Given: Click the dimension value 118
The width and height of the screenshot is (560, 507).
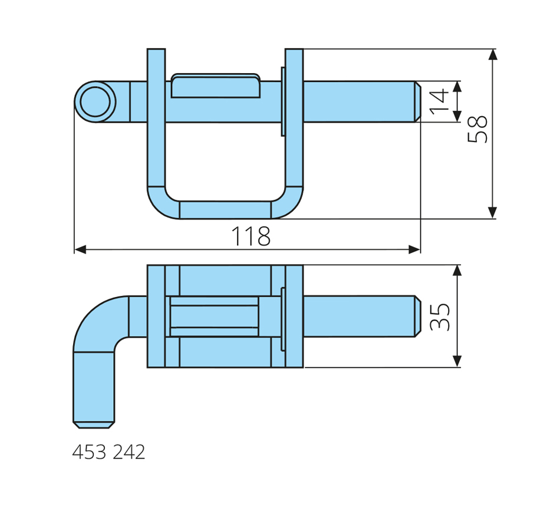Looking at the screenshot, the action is pyautogui.click(x=251, y=236).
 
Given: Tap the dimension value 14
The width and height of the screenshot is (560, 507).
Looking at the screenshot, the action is pyautogui.click(x=439, y=101).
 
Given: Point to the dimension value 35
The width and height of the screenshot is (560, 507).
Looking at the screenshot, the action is pyautogui.click(x=440, y=317).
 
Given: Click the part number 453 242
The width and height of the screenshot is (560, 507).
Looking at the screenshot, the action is pyautogui.click(x=108, y=452).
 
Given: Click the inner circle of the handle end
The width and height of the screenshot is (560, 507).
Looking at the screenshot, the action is pyautogui.click(x=95, y=101).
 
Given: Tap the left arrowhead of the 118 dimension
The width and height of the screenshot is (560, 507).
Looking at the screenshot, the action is pyautogui.click(x=80, y=249).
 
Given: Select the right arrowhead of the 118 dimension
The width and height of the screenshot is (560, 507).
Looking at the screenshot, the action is pyautogui.click(x=414, y=249).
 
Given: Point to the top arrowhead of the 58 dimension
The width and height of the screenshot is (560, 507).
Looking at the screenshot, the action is pyautogui.click(x=492, y=55).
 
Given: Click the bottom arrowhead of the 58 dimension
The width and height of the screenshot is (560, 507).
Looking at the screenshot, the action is pyautogui.click(x=492, y=213).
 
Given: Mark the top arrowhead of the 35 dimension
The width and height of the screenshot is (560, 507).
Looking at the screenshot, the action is pyautogui.click(x=457, y=271).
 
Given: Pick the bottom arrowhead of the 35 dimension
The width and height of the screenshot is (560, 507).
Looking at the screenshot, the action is pyautogui.click(x=457, y=361).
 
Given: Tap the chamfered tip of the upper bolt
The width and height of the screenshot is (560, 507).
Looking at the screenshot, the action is pyautogui.click(x=417, y=101).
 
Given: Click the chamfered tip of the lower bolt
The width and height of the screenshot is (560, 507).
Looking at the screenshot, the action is pyautogui.click(x=417, y=316).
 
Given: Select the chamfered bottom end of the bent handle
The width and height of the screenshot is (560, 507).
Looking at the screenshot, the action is pyautogui.click(x=94, y=425).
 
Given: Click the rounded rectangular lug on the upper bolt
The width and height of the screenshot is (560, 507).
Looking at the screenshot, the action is pyautogui.click(x=215, y=85).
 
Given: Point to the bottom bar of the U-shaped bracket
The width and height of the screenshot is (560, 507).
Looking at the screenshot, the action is pyautogui.click(x=225, y=210).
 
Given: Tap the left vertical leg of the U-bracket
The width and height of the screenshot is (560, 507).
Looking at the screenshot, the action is pyautogui.click(x=156, y=117).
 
